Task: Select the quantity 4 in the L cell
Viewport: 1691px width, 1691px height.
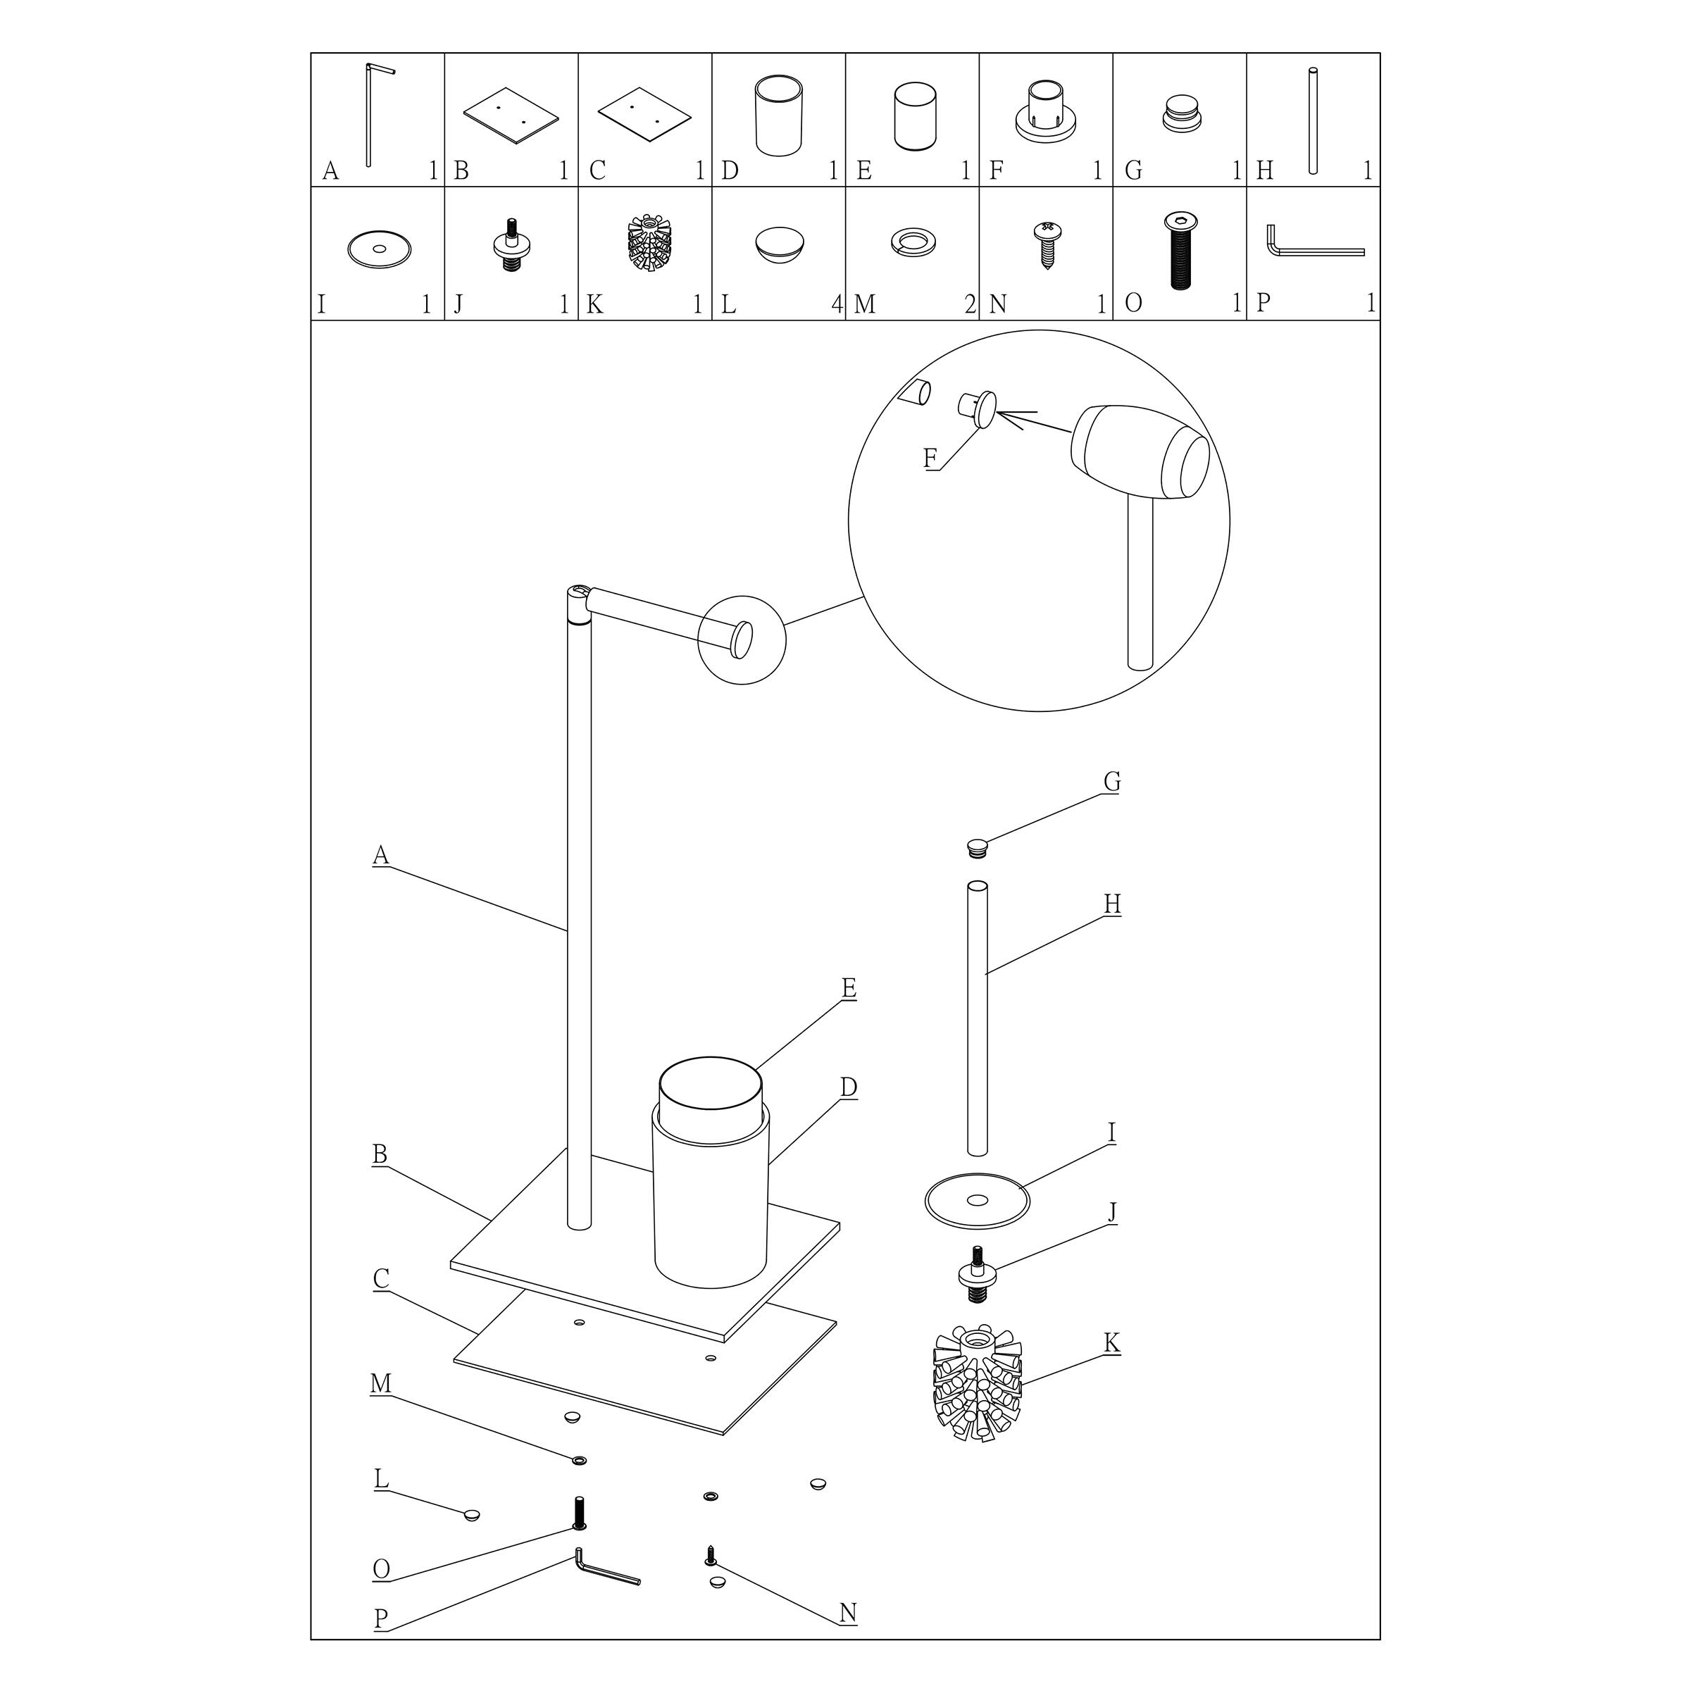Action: click(836, 304)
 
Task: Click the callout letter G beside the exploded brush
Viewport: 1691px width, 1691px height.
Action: click(1111, 782)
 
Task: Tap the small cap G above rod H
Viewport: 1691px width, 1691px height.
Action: click(978, 848)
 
